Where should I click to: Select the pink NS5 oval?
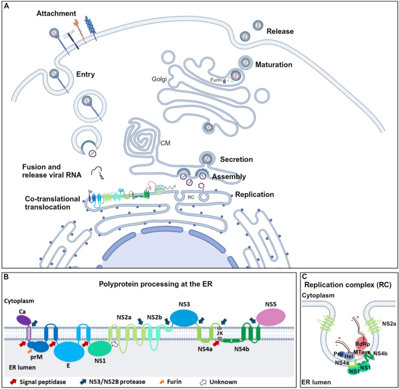270,318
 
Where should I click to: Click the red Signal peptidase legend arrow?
10,381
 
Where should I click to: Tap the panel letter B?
5,278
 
